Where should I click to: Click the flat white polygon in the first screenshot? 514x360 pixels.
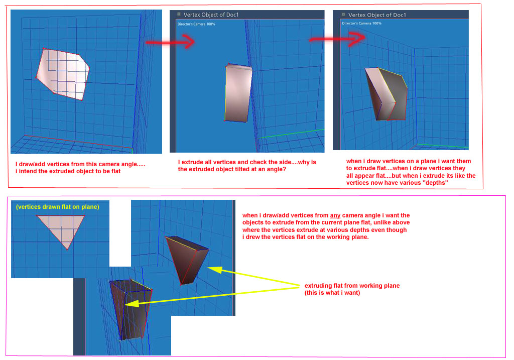[63, 73]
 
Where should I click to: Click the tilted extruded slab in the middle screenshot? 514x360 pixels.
[238, 93]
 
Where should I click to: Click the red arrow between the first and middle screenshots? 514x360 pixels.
[170, 42]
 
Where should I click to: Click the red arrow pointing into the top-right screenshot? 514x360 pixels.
[338, 39]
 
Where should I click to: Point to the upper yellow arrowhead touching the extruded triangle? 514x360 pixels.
[215, 270]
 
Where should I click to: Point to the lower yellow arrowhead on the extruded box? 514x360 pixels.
[132, 304]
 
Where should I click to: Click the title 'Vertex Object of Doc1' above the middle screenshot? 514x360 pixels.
[211, 15]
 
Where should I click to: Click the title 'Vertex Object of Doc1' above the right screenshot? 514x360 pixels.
[377, 15]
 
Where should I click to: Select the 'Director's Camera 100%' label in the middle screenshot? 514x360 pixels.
[196, 24]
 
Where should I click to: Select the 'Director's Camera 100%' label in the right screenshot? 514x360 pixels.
[361, 23]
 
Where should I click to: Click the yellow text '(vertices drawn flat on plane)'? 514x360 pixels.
[58, 207]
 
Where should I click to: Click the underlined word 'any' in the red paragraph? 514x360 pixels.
[335, 215]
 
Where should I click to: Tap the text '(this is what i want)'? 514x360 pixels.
[332, 293]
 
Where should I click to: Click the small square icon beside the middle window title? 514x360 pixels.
[179, 14]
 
